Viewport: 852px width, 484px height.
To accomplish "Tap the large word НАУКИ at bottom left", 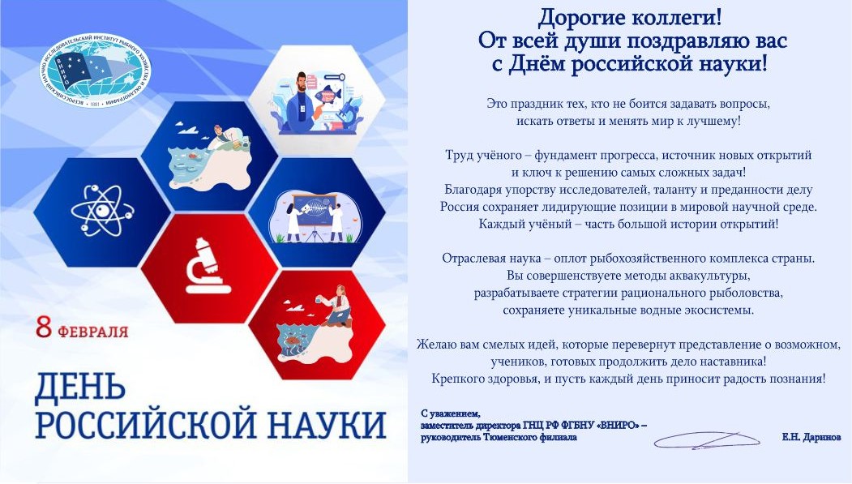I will tap(318, 425).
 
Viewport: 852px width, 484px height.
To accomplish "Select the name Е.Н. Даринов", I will tap(811, 437).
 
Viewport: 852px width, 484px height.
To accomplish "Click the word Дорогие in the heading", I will tap(572, 16).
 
